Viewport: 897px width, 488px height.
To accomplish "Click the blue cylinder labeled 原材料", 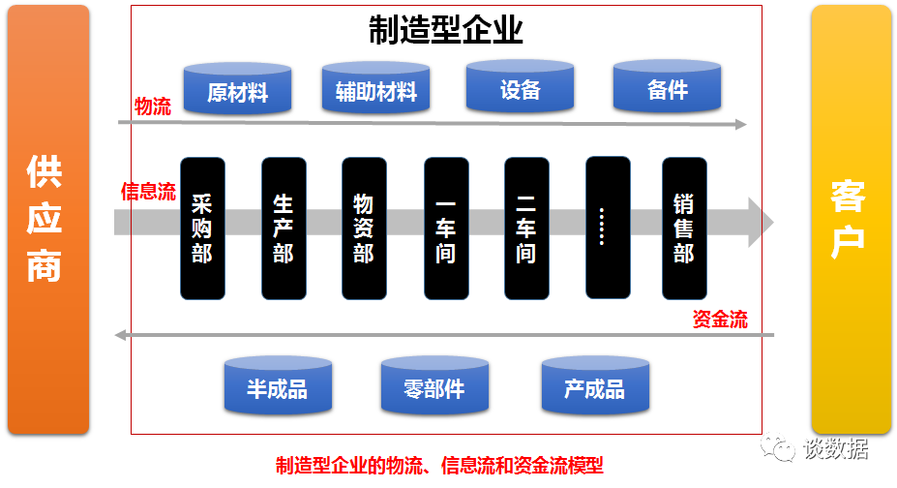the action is (x=237, y=89).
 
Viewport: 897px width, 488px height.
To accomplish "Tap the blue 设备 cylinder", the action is (x=520, y=86).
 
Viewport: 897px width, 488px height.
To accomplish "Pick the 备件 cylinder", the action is (x=667, y=86).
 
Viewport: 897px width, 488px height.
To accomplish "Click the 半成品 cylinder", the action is (x=278, y=385).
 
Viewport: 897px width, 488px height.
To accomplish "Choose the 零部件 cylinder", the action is (x=434, y=385).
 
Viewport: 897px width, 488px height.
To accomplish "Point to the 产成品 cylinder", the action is (x=595, y=385).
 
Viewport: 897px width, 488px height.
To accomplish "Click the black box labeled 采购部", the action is (x=202, y=229).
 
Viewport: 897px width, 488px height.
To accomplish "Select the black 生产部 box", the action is (x=284, y=229).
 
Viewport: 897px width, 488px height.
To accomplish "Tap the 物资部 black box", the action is (x=364, y=229).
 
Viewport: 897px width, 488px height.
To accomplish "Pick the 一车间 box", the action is (x=446, y=229).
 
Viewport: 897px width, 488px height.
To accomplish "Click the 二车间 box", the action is (x=526, y=229).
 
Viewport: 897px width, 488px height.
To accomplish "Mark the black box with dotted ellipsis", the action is (x=608, y=228).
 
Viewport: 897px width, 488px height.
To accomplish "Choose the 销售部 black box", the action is (x=684, y=229).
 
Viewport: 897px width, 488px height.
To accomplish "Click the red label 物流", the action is (x=153, y=107).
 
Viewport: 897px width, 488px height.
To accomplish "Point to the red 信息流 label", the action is (x=148, y=191).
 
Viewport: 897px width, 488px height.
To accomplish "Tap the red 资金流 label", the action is (x=720, y=319).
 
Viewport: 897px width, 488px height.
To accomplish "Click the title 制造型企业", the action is (x=446, y=30).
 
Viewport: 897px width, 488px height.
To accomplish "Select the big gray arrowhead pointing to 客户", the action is (x=761, y=222).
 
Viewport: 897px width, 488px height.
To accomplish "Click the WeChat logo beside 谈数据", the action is (x=778, y=446).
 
